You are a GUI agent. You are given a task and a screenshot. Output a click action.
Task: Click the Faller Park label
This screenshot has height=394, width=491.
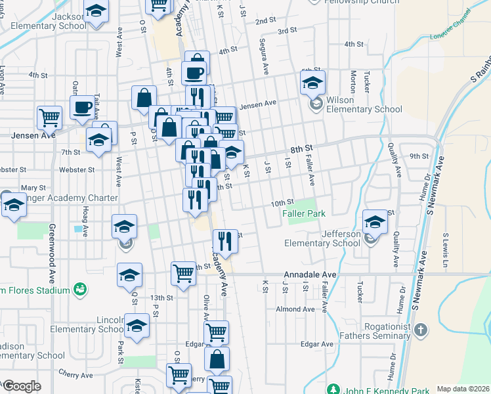(303, 213)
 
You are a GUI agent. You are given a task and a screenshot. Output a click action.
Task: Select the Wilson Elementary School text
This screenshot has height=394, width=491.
(364, 104)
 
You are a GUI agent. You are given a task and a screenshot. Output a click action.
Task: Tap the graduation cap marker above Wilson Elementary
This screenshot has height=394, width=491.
(313, 83)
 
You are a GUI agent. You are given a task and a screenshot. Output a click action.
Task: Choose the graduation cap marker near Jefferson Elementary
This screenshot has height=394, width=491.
(375, 222)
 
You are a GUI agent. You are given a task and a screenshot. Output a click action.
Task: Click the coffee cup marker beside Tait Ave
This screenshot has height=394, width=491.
(83, 108)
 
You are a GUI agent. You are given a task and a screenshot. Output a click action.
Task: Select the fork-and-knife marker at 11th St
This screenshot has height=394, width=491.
(225, 241)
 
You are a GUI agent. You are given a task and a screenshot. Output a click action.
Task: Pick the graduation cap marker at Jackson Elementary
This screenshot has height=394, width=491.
(96, 13)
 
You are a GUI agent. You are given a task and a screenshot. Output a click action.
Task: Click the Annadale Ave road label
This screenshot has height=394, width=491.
(310, 275)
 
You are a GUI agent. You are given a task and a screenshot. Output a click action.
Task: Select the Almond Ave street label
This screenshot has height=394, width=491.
(295, 309)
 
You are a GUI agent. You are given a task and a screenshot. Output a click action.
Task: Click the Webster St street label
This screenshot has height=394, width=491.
(73, 169)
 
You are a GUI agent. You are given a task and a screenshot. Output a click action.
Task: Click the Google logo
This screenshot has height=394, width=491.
(22, 386)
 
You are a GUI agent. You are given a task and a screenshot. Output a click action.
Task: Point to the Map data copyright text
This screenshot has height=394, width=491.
(462, 389)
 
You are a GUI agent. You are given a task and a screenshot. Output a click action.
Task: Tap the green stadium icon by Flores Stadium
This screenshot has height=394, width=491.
(80, 289)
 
